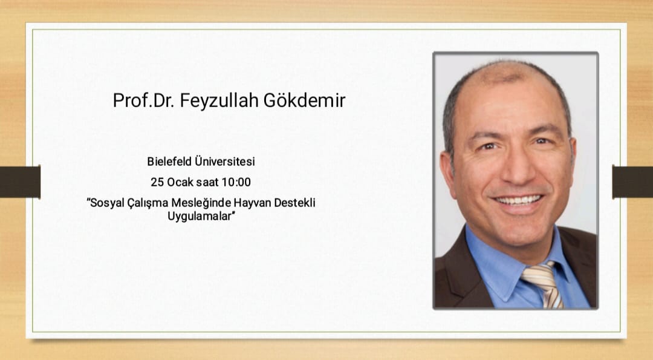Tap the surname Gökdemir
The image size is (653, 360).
[x=304, y=100]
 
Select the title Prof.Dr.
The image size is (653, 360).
[x=144, y=101]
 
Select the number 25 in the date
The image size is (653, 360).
[x=157, y=182]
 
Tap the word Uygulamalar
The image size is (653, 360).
[x=199, y=217]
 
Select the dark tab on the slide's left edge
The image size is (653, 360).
[x=20, y=182]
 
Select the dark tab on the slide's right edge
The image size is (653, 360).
[x=632, y=182]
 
